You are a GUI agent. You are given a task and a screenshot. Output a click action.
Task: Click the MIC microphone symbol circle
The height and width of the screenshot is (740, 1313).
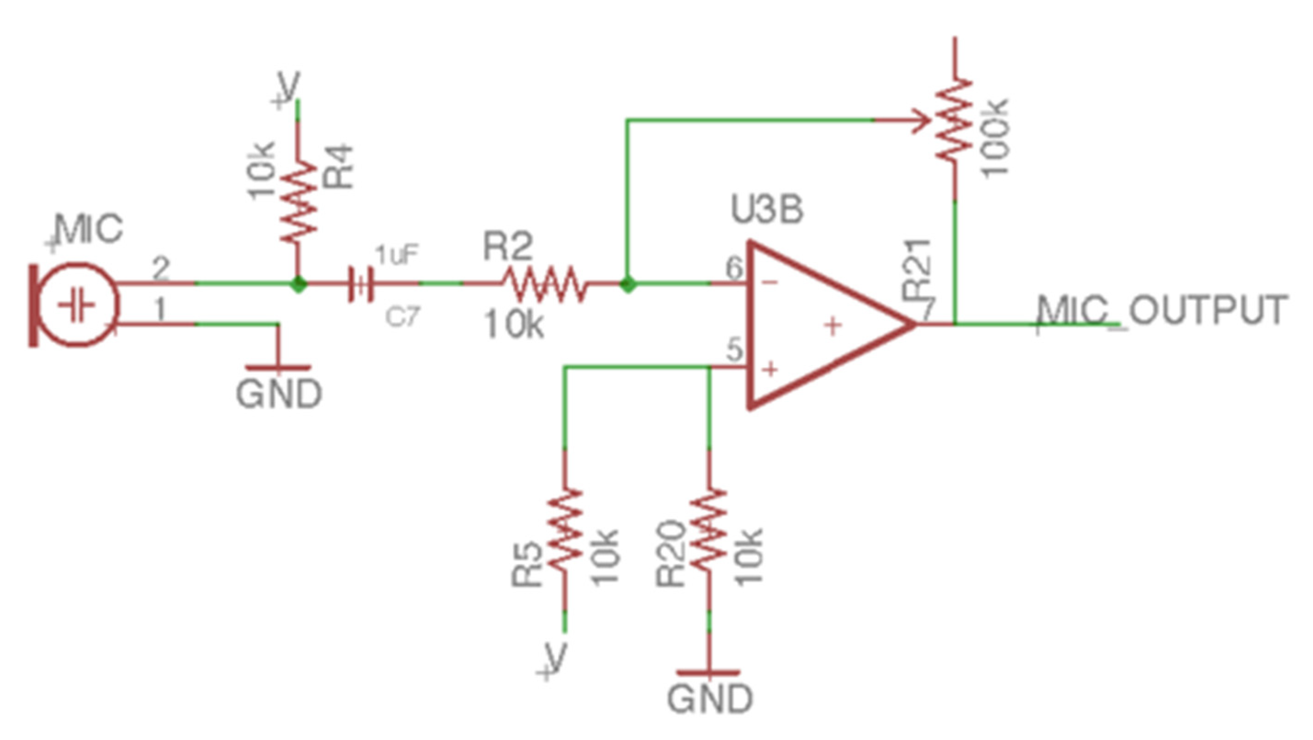pos(76,305)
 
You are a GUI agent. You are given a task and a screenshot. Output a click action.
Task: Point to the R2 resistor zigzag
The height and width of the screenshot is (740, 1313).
pos(544,283)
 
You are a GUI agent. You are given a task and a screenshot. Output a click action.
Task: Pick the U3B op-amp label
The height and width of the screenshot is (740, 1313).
pos(767,210)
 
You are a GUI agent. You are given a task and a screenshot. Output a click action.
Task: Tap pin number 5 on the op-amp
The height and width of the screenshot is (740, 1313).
pos(735,350)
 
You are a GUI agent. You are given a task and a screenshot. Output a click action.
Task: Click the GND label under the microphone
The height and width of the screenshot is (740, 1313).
pos(279,394)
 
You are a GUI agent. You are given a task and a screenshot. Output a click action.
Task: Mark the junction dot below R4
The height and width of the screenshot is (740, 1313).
pos(298,284)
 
